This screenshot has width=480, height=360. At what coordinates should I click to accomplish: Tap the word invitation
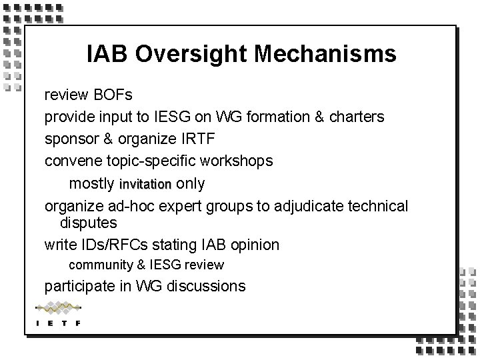pos(145,184)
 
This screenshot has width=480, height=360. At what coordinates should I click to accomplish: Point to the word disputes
pos(89,222)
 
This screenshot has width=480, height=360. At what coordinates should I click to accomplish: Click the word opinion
pos(254,245)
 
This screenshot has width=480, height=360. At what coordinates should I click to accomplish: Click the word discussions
pos(207,287)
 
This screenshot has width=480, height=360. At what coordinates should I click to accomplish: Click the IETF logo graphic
pos(58,314)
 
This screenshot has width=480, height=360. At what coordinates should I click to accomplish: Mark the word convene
pos(68,161)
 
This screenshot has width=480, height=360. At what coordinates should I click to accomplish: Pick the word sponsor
pos(69,139)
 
